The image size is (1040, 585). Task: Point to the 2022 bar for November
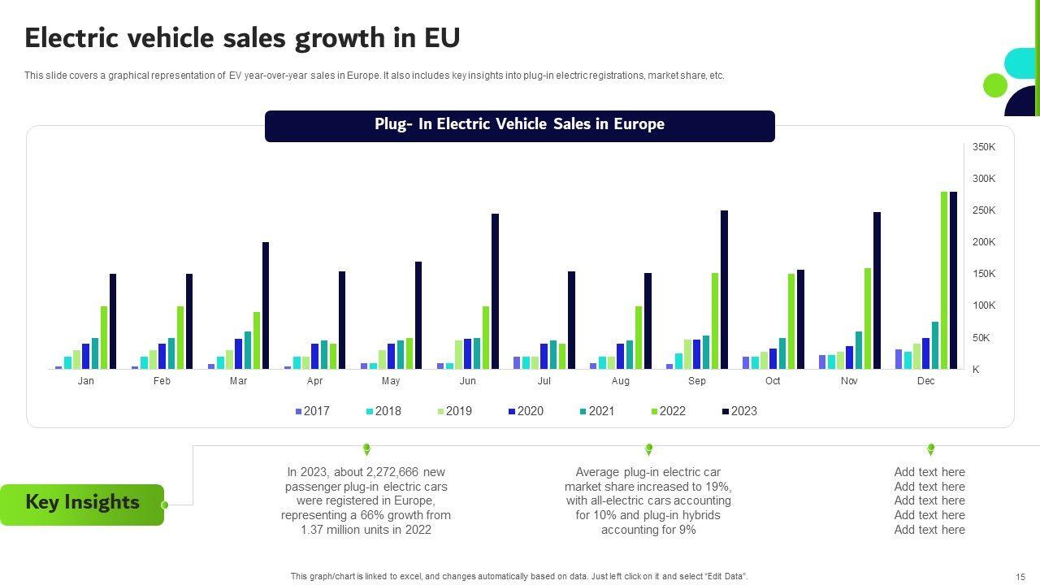tap(868, 318)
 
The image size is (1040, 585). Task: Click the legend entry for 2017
tap(312, 411)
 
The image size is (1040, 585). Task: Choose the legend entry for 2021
tap(597, 411)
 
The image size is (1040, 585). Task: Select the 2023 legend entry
tap(739, 411)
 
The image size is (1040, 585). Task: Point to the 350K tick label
tap(984, 147)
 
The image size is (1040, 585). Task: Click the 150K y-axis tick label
tap(984, 274)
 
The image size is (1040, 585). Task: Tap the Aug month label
tap(621, 381)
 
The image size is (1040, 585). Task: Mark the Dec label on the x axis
tap(926, 381)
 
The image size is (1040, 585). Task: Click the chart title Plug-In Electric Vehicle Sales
tap(519, 124)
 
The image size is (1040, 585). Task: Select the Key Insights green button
tap(82, 503)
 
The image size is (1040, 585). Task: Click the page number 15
tap(1020, 576)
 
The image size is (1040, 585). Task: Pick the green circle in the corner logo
tap(994, 84)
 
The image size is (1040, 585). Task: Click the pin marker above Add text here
tap(930, 448)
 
